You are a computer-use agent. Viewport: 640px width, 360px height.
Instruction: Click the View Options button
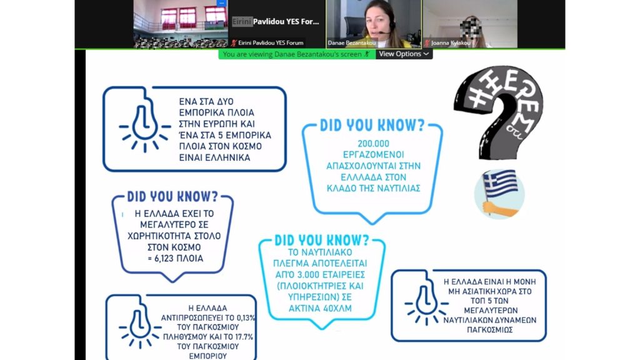click(x=404, y=54)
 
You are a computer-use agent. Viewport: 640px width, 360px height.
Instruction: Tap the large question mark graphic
click(x=500, y=112)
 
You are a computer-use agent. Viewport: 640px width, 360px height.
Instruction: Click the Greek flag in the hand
click(x=500, y=183)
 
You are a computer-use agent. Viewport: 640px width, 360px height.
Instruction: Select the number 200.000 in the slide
click(x=374, y=144)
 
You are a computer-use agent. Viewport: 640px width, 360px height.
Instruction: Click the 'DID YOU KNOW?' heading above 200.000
click(x=372, y=125)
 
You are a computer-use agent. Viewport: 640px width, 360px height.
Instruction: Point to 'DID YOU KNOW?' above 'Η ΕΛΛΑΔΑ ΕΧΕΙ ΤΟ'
click(x=172, y=196)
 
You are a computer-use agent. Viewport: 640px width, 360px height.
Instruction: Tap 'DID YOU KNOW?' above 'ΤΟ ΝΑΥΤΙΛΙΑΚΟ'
click(x=322, y=240)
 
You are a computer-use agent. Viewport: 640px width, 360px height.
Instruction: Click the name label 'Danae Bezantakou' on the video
click(x=351, y=43)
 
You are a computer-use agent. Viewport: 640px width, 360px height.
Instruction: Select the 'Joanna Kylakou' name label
click(x=451, y=43)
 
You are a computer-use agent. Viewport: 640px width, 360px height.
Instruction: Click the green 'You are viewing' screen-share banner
click(x=297, y=54)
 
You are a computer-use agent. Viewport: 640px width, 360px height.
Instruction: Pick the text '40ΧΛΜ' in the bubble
click(x=337, y=309)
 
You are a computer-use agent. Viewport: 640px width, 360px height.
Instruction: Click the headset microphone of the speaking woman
click(x=383, y=32)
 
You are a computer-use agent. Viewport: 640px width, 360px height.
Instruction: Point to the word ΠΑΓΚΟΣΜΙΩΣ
click(x=489, y=330)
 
